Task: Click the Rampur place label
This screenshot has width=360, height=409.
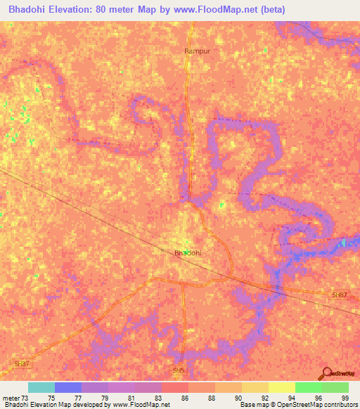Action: coord(197,51)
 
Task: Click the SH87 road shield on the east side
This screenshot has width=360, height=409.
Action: coord(339,295)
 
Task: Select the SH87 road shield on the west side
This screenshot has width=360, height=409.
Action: coord(22,363)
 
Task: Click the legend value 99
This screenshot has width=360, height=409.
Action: coord(345,398)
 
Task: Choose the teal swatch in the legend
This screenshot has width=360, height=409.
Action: coord(41,387)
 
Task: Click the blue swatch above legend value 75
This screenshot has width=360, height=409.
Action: coord(68,387)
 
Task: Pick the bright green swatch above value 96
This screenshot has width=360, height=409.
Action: coord(309,387)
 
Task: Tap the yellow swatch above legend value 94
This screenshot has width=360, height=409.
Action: coord(282,387)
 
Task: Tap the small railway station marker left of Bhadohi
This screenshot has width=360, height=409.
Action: coord(163,249)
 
